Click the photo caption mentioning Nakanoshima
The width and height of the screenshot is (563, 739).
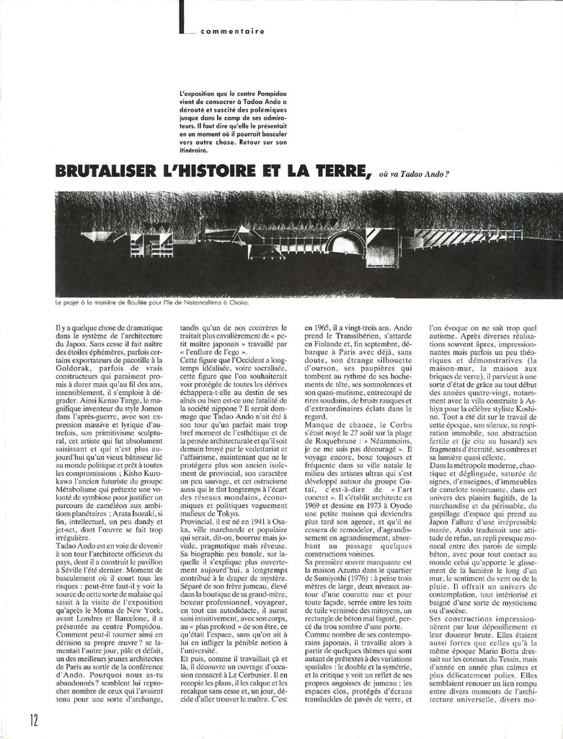click(x=151, y=303)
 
